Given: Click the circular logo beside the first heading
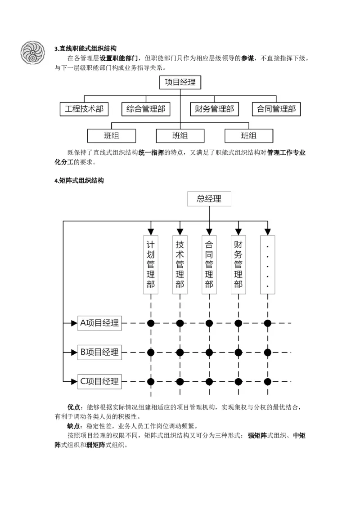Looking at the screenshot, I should [33, 52].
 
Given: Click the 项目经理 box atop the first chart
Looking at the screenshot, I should [180, 82].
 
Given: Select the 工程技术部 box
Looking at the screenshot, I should [84, 109].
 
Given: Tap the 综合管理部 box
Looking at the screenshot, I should [146, 109].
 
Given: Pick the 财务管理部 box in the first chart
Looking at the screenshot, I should [214, 109].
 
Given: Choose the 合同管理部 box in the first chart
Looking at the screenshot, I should [276, 109].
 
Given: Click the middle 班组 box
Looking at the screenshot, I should [180, 135].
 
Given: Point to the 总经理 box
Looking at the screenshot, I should [209, 199].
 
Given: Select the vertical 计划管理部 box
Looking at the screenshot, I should [151, 264].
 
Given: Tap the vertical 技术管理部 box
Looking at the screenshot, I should [180, 264].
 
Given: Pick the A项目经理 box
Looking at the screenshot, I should [99, 323].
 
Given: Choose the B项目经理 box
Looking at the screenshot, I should [99, 352].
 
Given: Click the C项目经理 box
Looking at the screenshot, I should [99, 381].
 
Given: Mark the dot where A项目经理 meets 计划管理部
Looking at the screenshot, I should [151, 323].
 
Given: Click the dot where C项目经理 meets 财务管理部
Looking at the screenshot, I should [238, 381].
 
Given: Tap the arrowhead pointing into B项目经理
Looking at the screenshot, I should [74, 352].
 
